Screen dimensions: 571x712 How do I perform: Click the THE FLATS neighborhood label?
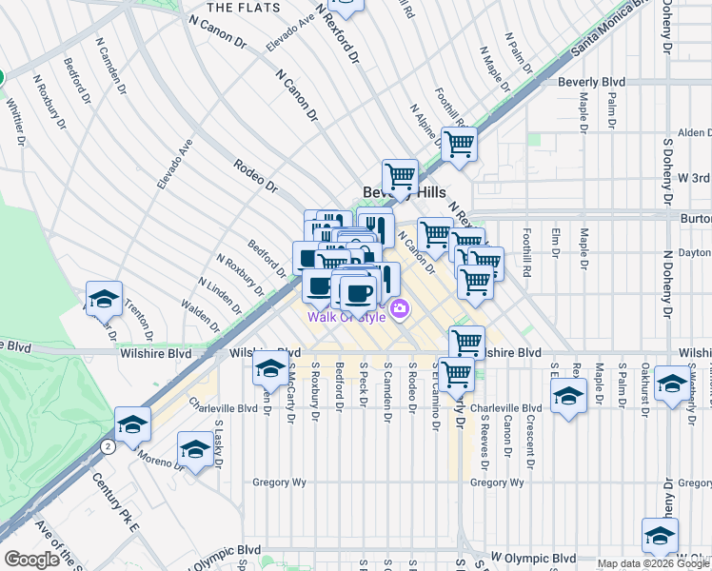tap(244, 8)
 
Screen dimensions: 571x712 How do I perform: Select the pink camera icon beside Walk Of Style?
tap(400, 308)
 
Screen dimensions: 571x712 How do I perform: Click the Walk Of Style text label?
tap(346, 317)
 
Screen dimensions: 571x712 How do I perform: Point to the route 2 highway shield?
tap(109, 445)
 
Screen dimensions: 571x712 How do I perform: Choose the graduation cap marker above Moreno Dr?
tap(195, 448)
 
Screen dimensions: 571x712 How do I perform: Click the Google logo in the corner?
tap(30, 560)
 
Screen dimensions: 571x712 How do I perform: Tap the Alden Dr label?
tap(694, 133)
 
